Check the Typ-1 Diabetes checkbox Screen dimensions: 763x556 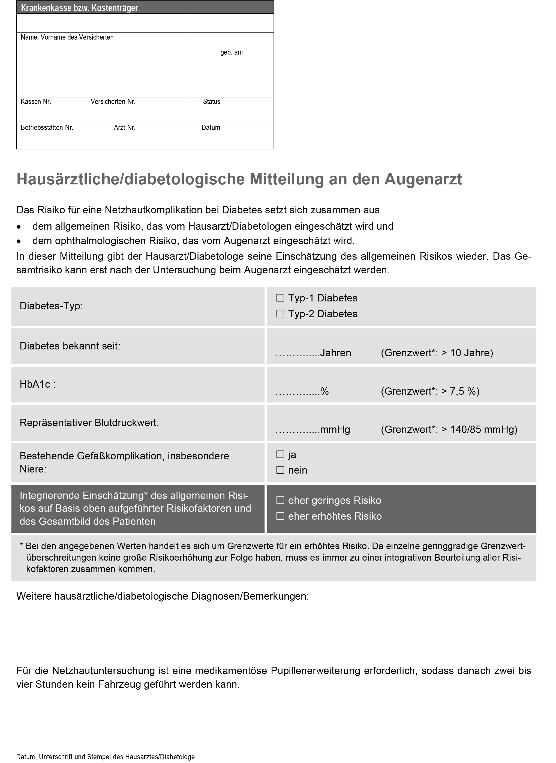pos(280,298)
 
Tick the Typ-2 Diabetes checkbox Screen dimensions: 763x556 pos(280,314)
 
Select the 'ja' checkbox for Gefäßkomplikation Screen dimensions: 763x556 pos(280,454)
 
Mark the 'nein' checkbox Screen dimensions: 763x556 pos(280,470)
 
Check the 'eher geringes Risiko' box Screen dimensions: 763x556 pos(280,500)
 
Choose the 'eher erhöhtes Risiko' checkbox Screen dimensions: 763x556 pos(280,516)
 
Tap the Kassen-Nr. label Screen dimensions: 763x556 pos(36,102)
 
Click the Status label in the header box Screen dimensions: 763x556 pos(211,102)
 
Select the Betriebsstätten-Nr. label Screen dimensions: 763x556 pos(47,128)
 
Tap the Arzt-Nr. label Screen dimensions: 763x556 pos(125,128)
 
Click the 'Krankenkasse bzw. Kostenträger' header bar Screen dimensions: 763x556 pos(145,7)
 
